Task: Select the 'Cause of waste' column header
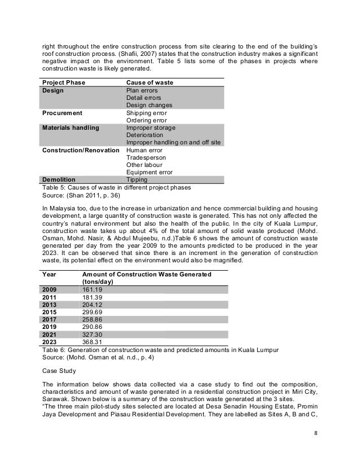[x=149, y=82]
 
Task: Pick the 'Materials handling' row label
[x=71, y=128]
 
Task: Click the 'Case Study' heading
[x=59, y=371]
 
